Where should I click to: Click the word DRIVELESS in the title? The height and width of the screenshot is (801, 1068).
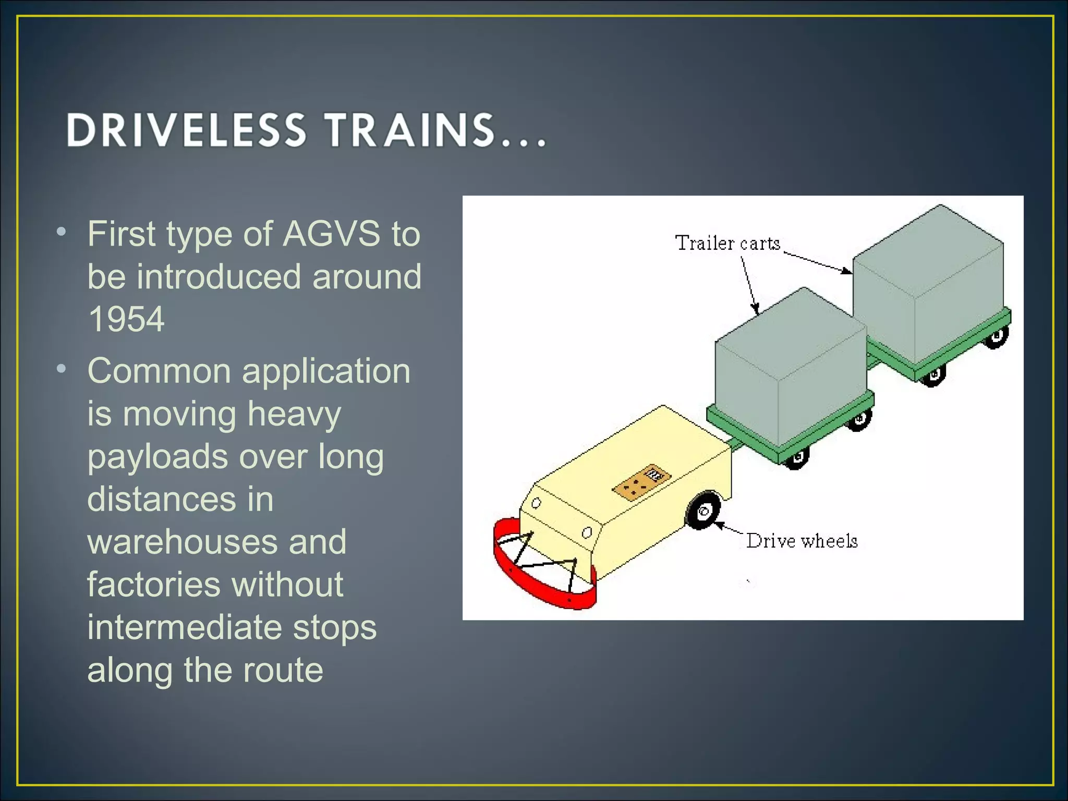pos(186,130)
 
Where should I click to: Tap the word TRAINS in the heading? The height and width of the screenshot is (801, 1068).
pos(410,130)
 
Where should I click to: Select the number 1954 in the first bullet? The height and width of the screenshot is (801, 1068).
pos(126,319)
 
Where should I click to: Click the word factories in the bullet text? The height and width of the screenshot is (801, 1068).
pos(151,584)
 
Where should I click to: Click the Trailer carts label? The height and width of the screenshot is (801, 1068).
pos(727,244)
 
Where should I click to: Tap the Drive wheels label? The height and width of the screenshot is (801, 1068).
pos(802,541)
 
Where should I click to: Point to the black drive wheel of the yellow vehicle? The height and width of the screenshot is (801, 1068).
pos(703,511)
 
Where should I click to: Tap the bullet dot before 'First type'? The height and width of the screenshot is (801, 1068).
pos(62,232)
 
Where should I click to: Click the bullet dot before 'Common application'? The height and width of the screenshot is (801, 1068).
pos(62,369)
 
